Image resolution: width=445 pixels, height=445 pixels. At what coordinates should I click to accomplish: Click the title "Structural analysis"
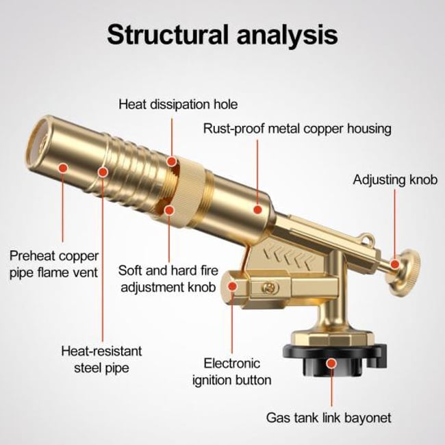(222, 32)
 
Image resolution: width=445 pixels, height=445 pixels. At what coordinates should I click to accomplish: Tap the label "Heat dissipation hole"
(178, 105)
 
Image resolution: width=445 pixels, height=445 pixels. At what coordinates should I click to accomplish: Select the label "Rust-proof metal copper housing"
(296, 128)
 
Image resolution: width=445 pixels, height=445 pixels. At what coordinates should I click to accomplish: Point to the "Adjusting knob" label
(394, 179)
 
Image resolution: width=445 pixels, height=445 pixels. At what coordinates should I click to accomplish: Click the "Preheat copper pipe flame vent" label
(54, 264)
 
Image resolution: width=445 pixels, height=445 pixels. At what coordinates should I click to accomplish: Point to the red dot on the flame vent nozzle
(63, 166)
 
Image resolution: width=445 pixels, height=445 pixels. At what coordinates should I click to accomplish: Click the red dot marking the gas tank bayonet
(332, 363)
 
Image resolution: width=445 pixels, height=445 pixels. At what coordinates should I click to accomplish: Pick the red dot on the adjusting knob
(395, 262)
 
